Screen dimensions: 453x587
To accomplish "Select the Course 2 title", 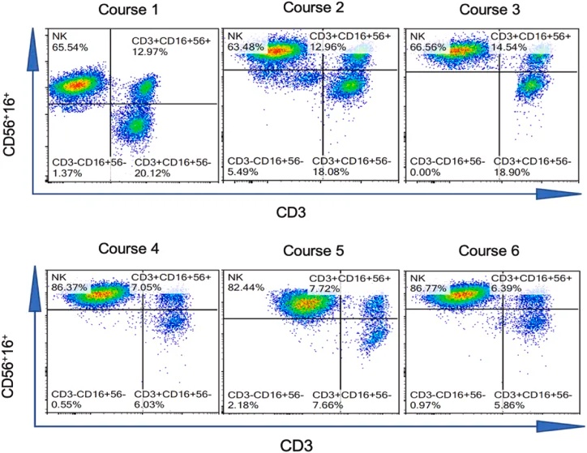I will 311,9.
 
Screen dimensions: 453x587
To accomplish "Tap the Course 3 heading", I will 489,11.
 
